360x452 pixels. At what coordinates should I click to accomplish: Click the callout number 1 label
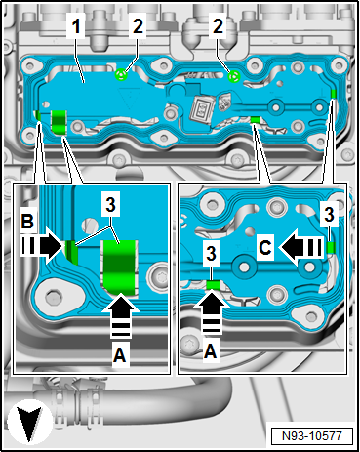tap(76, 25)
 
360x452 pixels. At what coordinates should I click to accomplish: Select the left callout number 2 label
tap(138, 25)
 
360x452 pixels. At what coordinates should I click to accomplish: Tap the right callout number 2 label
tap(218, 25)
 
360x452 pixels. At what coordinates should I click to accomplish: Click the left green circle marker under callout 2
tap(121, 75)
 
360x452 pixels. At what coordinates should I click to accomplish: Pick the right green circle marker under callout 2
tap(234, 77)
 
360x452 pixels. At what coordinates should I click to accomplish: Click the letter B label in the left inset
tap(27, 221)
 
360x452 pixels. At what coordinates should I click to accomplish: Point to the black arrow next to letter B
tap(42, 245)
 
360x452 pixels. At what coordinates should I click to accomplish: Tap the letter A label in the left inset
tap(120, 354)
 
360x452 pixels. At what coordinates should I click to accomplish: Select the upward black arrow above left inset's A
tap(120, 314)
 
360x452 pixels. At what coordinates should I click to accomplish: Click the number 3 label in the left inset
tap(110, 205)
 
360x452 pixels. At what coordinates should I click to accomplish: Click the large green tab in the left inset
tap(119, 267)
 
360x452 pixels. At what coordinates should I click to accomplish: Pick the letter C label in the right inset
tap(265, 248)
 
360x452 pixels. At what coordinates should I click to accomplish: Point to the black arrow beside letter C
tap(301, 247)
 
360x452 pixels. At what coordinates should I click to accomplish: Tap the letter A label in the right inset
tap(211, 350)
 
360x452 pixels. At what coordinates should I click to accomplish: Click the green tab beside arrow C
tap(331, 247)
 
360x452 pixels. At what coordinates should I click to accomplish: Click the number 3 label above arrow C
tap(330, 216)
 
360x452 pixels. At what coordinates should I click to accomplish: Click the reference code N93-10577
tap(312, 435)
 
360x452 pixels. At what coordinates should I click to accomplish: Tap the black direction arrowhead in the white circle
tap(29, 423)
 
